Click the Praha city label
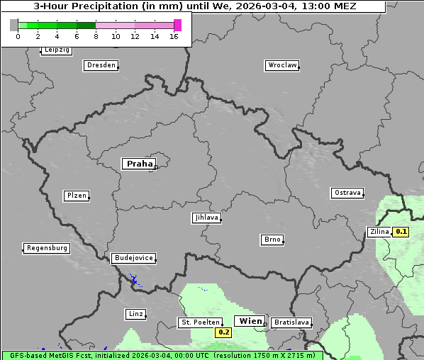(x=139, y=164)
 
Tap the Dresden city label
(x=101, y=65)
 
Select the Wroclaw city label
(x=281, y=65)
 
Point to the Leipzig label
(x=57, y=50)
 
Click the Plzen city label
(x=77, y=196)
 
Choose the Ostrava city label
(x=347, y=193)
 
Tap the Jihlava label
(x=206, y=218)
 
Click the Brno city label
(x=272, y=240)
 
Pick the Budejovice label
(x=133, y=258)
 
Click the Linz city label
(x=136, y=313)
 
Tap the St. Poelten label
(x=199, y=322)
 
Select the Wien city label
(x=250, y=321)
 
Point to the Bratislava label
(x=291, y=322)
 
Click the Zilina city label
(x=379, y=232)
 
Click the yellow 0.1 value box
(x=401, y=232)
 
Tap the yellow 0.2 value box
(x=224, y=332)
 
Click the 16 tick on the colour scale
(x=174, y=35)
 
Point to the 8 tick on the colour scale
(x=96, y=35)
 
